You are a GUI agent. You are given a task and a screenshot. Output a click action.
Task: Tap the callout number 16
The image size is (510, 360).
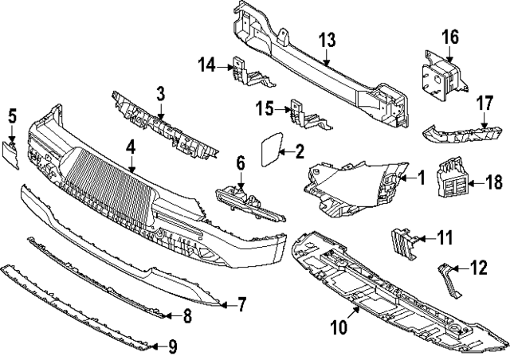(x=450, y=37)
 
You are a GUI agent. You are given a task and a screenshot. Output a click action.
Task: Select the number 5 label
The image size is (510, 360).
(x=12, y=116)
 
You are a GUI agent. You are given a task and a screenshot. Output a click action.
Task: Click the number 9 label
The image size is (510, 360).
(x=173, y=346)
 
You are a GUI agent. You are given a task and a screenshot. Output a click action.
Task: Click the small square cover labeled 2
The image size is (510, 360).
(x=269, y=149)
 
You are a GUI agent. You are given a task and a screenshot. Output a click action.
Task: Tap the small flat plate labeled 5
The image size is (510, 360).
(x=12, y=154)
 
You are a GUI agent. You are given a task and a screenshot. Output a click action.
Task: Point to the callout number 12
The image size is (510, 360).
(x=478, y=268)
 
